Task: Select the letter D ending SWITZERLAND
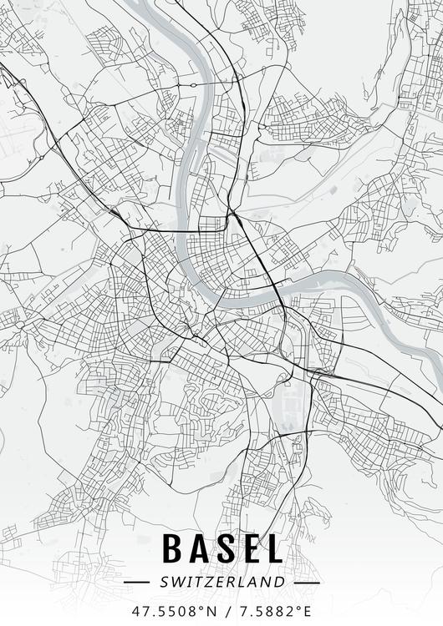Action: pos(280,582)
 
